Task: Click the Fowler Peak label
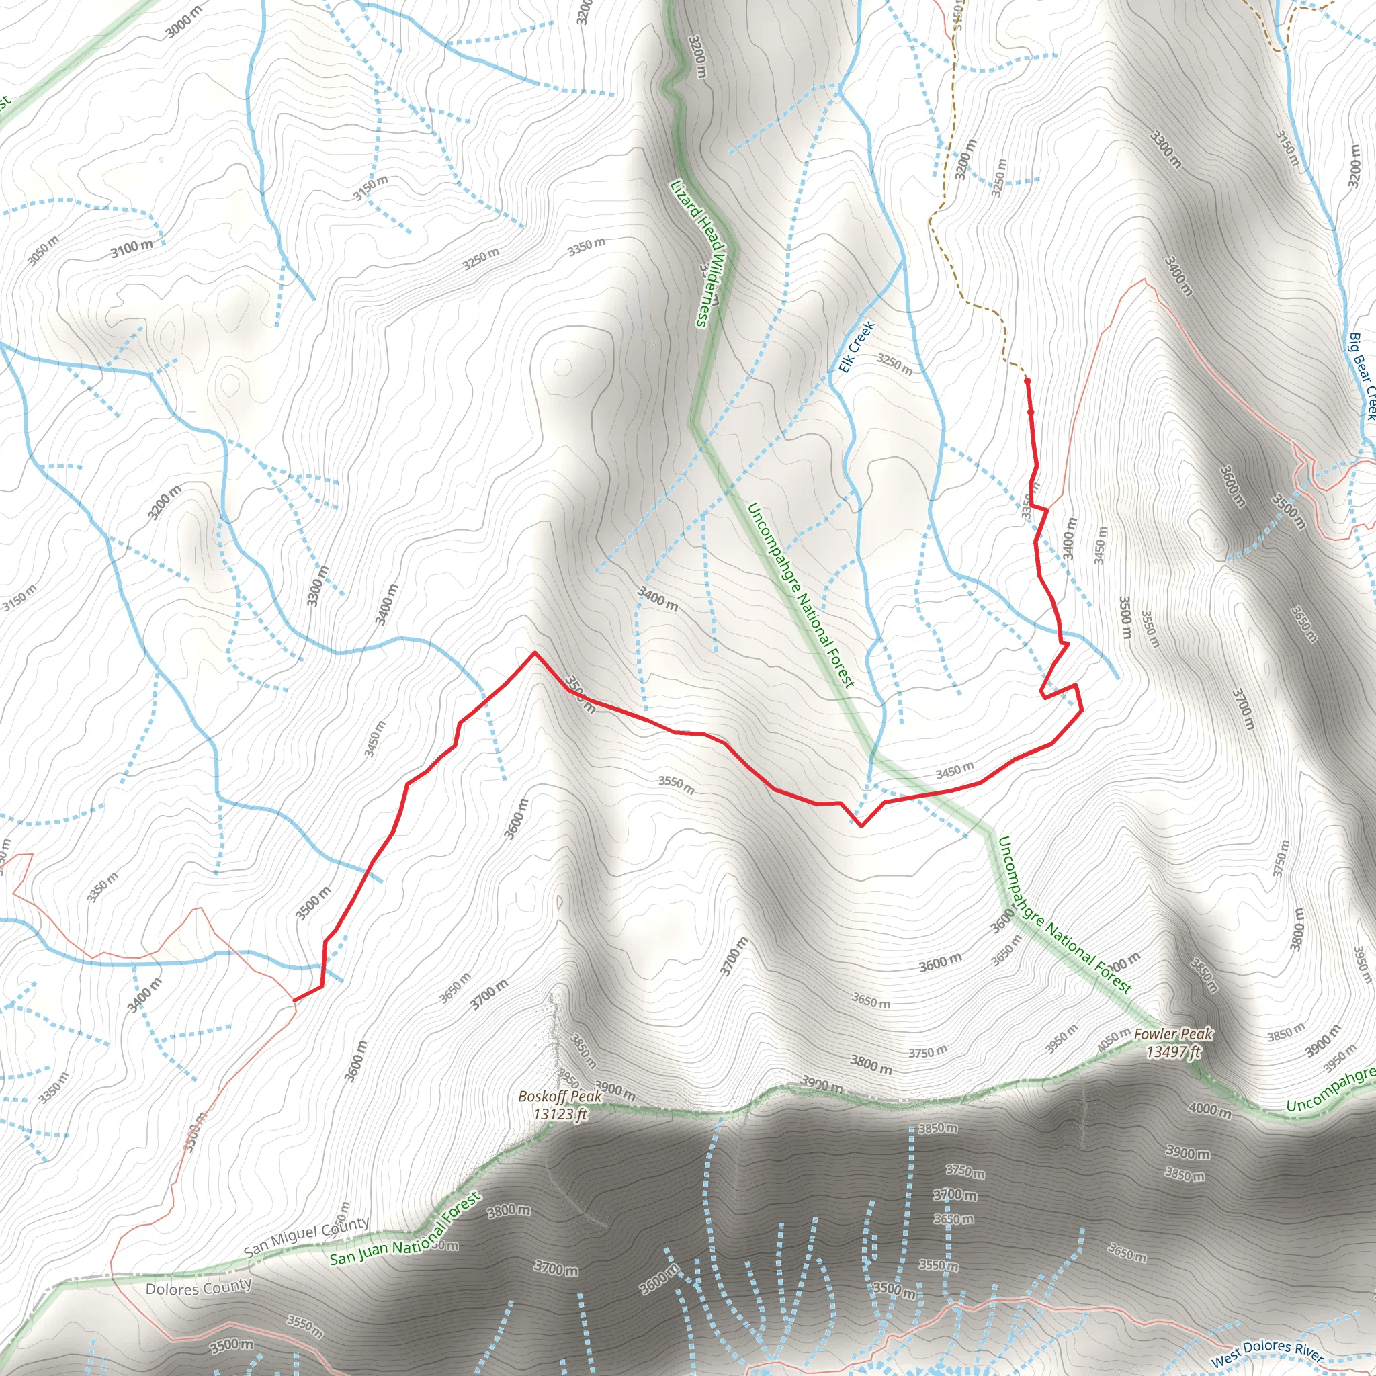[1172, 1033]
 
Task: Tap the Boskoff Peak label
[560, 1096]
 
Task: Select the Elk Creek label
[856, 347]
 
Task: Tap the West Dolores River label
[1267, 1352]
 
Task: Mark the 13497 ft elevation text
[1173, 1051]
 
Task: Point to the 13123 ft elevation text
[560, 1114]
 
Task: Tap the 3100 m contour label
[132, 249]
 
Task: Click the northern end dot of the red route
[1027, 381]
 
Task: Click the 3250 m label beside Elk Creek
[894, 364]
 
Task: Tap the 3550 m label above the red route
[676, 785]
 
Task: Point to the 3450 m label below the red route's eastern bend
[954, 770]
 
